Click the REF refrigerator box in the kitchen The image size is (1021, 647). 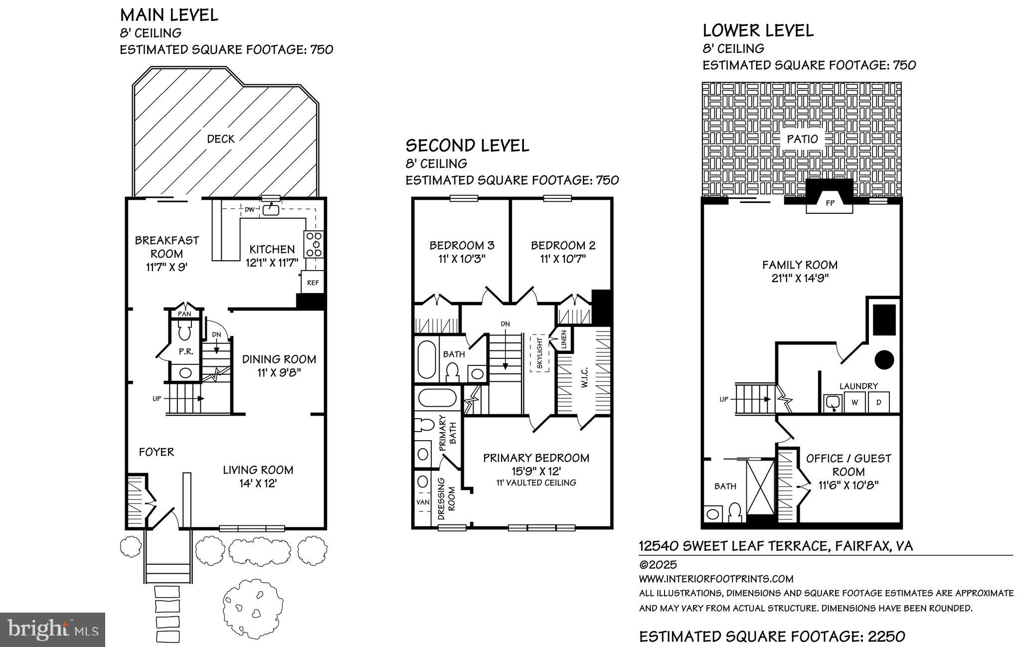[x=313, y=283]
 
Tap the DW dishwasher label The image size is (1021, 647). [x=249, y=209]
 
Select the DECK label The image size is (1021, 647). [x=221, y=139]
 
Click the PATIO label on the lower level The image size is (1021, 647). [x=802, y=139]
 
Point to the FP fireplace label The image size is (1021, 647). [x=830, y=203]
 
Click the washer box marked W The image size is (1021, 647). [x=854, y=402]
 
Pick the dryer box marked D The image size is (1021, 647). [x=878, y=402]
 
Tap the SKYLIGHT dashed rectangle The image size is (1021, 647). [x=539, y=353]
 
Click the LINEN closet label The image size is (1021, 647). [x=564, y=339]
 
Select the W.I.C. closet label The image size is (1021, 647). [x=584, y=377]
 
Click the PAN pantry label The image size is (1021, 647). [x=185, y=314]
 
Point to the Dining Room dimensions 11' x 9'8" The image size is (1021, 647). [x=279, y=372]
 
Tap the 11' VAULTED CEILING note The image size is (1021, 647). [x=536, y=483]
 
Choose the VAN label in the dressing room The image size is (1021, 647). [x=423, y=502]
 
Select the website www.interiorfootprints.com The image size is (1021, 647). [x=716, y=579]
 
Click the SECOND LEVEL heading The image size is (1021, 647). [x=467, y=146]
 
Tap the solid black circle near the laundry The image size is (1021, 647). [x=884, y=359]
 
